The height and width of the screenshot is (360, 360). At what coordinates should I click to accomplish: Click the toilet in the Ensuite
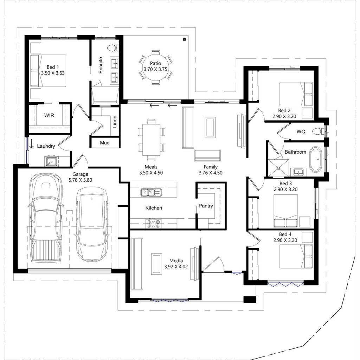[x=112, y=48]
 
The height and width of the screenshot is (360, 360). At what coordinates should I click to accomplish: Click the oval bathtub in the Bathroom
[x=315, y=159]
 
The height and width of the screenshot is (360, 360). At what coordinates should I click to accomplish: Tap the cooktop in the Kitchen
[x=154, y=223]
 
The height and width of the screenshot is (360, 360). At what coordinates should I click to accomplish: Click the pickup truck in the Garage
[x=45, y=218]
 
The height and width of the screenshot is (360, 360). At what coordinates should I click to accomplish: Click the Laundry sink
[x=51, y=161]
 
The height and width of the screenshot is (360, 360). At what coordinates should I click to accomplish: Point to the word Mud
[x=104, y=143]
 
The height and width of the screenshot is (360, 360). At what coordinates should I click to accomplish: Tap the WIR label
[x=49, y=115]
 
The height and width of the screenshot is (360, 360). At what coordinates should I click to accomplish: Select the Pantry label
[x=206, y=206]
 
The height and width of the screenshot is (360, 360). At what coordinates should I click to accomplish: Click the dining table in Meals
[x=151, y=139]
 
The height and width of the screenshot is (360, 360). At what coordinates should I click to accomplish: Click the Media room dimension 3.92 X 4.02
[x=176, y=266]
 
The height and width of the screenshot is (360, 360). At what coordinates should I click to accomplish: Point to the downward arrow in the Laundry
[x=32, y=144]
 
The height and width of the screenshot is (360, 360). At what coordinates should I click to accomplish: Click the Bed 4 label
[x=285, y=234]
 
